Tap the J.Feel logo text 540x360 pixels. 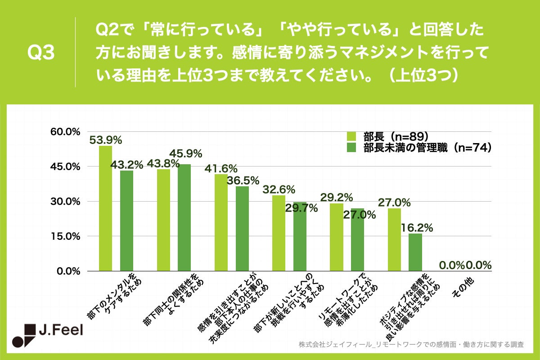(60, 332)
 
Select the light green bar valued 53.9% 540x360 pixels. (105, 208)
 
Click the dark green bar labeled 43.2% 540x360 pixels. (126, 220)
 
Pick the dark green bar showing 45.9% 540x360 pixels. (184, 217)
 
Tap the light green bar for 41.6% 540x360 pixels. (220, 222)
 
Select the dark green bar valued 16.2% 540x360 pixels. (415, 252)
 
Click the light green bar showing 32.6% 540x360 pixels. (278, 233)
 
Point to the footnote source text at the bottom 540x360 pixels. (411, 345)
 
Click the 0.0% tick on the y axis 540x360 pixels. (67, 271)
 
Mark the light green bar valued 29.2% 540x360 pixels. (336, 237)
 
